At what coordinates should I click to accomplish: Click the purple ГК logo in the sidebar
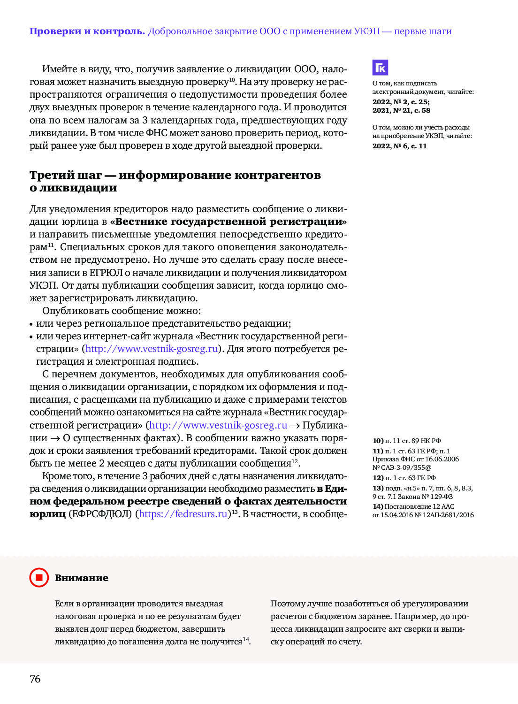[x=381, y=68]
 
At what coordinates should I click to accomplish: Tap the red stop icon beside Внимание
[x=39, y=577]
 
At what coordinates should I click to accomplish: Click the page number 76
[x=35, y=679]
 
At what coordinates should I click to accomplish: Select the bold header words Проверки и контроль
[x=87, y=31]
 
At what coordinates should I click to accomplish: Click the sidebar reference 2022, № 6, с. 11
[x=400, y=146]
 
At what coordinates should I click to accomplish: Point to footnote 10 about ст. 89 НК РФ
[x=407, y=441]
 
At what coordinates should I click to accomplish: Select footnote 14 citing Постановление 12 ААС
[x=423, y=511]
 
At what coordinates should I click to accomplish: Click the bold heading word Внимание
[x=82, y=578]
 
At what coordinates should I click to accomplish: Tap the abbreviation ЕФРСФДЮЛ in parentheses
[x=100, y=514]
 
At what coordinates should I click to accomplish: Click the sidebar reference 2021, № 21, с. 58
[x=401, y=110]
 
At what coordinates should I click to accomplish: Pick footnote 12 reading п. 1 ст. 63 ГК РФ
[x=404, y=478]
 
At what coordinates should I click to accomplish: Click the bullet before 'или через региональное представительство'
[x=31, y=324]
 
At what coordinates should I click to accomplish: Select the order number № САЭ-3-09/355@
[x=402, y=467]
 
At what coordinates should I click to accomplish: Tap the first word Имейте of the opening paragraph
[x=60, y=69]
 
